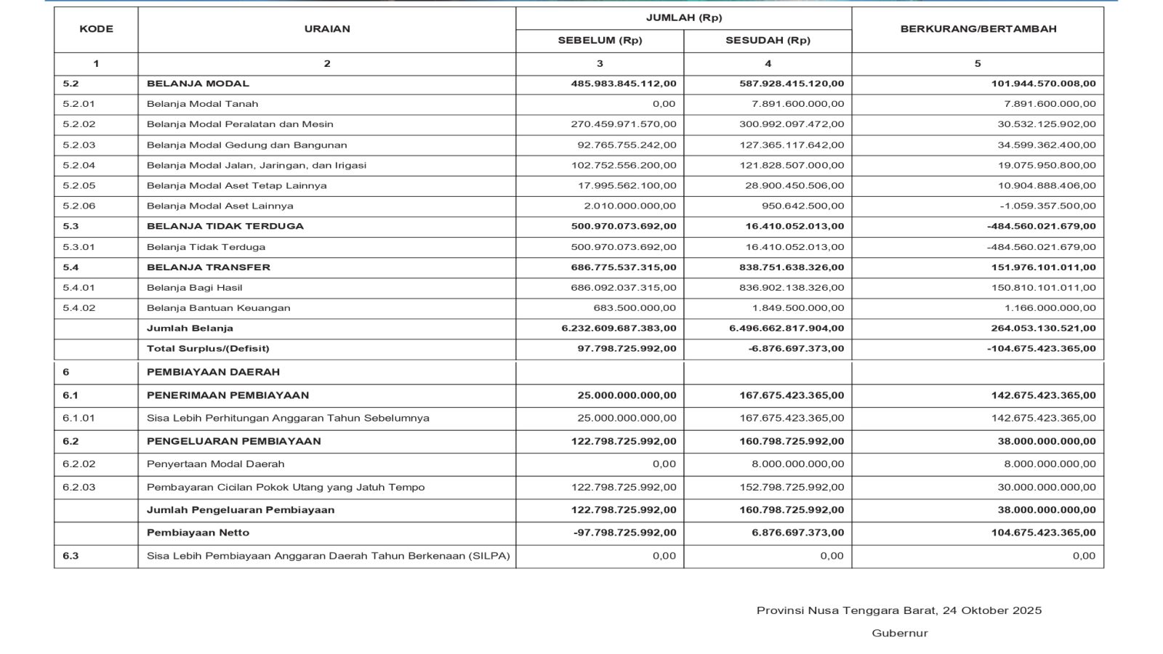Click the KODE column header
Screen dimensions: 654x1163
(x=96, y=29)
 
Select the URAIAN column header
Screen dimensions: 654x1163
(x=327, y=29)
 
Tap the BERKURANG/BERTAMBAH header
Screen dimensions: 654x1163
(x=978, y=29)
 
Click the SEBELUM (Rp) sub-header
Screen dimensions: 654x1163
(x=600, y=41)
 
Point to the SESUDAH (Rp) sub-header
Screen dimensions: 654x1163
(x=768, y=41)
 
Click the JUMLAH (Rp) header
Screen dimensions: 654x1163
(x=683, y=17)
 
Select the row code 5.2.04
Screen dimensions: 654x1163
(x=79, y=165)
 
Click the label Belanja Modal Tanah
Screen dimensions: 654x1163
(x=202, y=104)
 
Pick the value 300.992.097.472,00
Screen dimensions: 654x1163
(x=792, y=124)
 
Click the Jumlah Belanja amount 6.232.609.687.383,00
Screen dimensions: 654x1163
(x=619, y=328)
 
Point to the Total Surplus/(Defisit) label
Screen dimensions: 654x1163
(x=208, y=349)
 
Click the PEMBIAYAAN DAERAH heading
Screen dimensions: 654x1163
(x=213, y=372)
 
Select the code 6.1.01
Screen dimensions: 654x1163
(x=79, y=418)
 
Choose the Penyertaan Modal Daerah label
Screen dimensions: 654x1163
(x=215, y=464)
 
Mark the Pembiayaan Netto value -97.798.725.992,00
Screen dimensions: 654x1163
(x=624, y=533)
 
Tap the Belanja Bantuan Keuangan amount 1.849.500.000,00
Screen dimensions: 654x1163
(x=798, y=308)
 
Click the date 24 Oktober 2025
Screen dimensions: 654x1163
(x=991, y=610)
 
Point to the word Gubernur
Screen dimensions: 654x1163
(x=900, y=633)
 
